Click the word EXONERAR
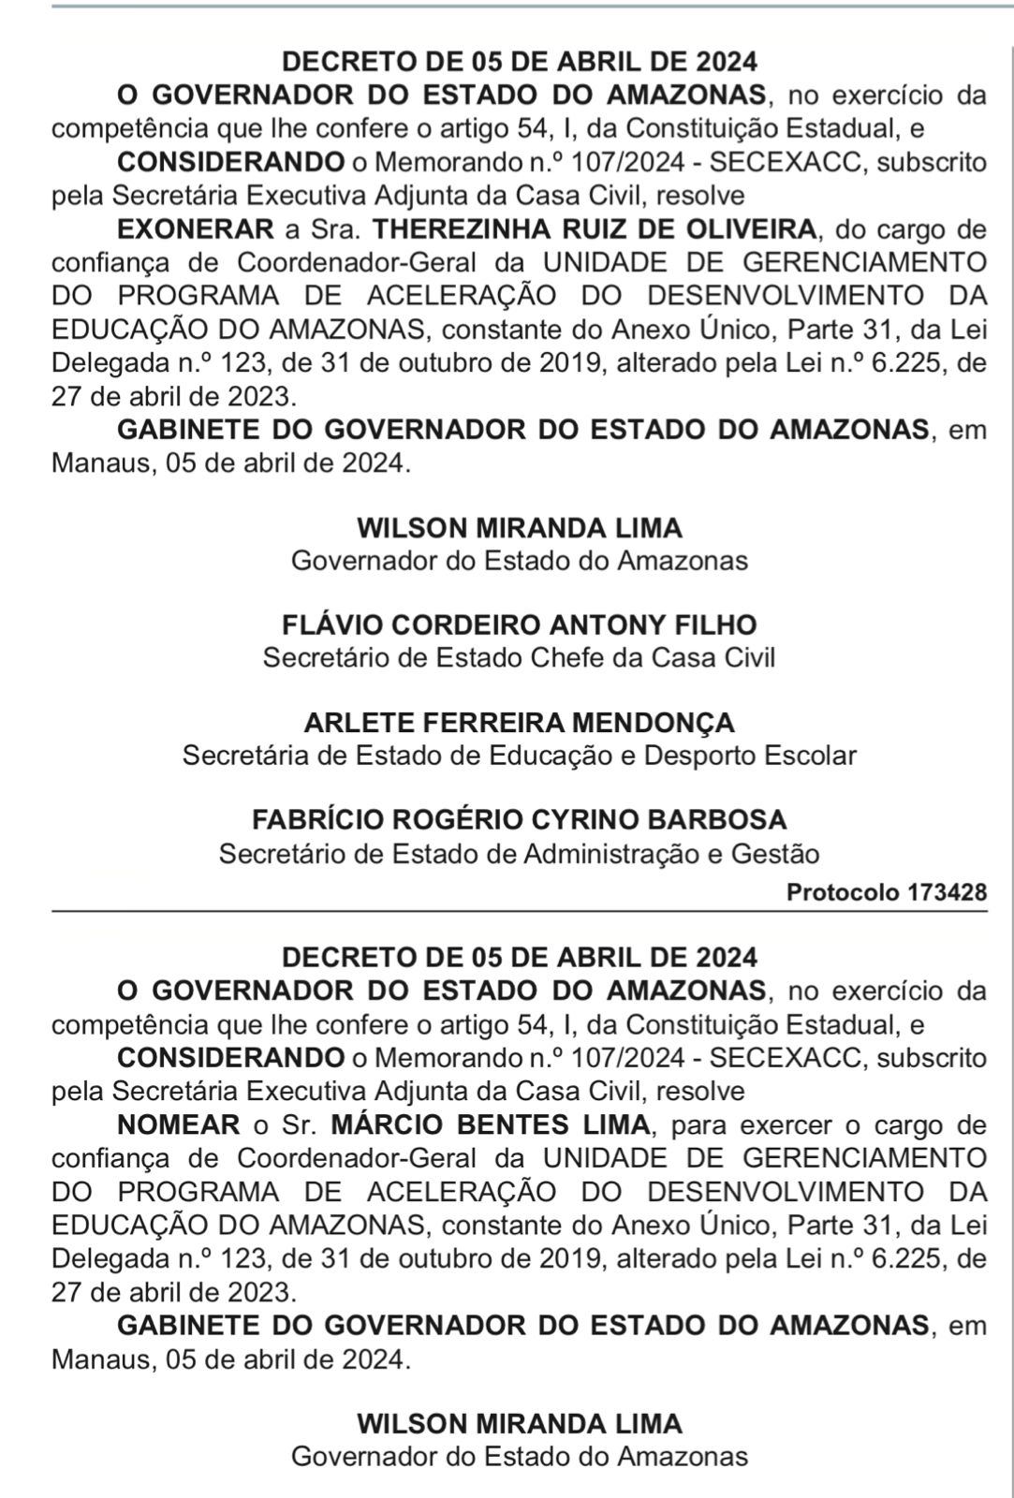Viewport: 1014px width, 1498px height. point(195,228)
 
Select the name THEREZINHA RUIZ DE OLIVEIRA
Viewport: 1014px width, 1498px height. point(594,228)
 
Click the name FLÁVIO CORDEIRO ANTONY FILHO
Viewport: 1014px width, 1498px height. point(519,624)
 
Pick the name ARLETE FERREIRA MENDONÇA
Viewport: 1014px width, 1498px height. point(519,722)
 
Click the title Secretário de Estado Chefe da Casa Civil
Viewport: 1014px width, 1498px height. point(519,657)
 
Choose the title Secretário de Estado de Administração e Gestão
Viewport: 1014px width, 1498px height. point(519,853)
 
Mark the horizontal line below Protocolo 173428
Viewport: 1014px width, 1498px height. point(519,910)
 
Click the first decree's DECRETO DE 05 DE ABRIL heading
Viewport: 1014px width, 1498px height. point(519,62)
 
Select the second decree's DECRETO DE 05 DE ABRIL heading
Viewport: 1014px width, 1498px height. point(519,957)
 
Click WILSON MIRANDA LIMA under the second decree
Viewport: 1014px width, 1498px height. point(519,1423)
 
